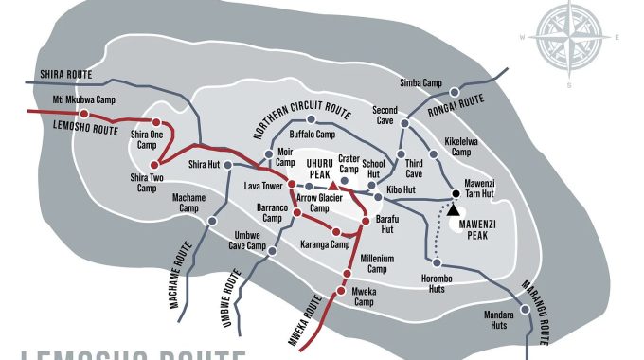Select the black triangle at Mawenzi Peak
tap(454, 208)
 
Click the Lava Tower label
tap(263, 185)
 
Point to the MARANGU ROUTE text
tap(531, 309)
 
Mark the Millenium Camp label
tap(383, 262)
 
